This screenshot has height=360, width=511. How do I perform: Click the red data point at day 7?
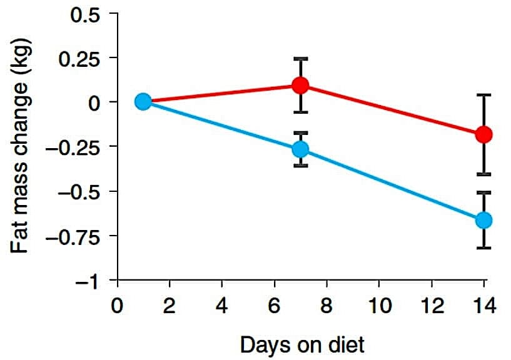(301, 85)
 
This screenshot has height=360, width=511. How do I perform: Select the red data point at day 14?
(483, 134)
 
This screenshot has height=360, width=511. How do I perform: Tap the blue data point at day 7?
(301, 149)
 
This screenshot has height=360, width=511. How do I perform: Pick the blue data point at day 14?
(483, 220)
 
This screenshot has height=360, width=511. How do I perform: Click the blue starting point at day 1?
(143, 101)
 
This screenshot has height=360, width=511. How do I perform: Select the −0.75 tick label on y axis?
(76, 237)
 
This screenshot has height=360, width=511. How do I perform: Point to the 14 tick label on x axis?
(483, 307)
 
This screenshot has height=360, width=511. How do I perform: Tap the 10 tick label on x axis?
(378, 307)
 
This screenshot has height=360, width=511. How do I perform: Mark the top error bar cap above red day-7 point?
(301, 59)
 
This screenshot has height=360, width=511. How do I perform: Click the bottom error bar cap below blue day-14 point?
(483, 248)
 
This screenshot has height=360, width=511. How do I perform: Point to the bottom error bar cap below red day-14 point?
(483, 174)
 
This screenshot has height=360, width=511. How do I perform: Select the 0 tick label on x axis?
(117, 307)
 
